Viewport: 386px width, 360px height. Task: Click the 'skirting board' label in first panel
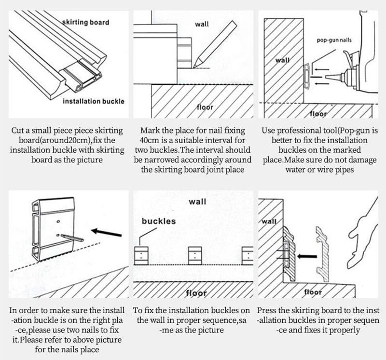86,22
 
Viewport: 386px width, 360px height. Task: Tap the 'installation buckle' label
93,101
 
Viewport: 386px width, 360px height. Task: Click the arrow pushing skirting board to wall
304,257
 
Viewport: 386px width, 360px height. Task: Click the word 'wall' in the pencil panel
202,24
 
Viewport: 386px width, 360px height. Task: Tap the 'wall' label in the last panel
270,222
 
